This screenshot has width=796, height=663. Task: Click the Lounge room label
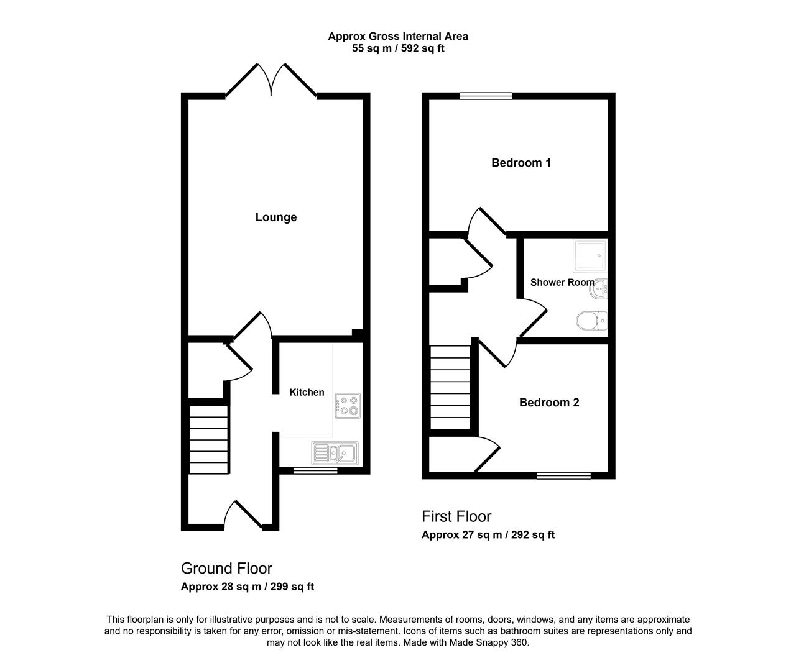click(276, 217)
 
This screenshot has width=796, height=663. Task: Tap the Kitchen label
click(307, 392)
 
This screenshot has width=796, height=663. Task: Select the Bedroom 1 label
click(521, 163)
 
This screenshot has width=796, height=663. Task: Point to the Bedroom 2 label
click(549, 403)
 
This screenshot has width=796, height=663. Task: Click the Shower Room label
click(562, 282)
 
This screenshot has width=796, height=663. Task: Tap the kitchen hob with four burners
click(348, 406)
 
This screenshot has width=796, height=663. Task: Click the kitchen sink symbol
click(335, 454)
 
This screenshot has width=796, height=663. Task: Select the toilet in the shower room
click(591, 321)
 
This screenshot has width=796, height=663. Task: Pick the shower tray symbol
click(590, 255)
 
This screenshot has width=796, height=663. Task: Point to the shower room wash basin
click(598, 290)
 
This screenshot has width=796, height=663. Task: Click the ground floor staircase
click(209, 440)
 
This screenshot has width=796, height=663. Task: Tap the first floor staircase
click(450, 387)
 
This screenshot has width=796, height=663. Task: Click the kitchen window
click(315, 471)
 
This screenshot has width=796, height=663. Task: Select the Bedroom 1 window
click(486, 96)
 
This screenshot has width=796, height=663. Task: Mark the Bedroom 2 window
click(564, 475)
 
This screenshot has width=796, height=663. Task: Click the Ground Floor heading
click(226, 569)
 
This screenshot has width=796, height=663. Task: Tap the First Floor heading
click(456, 517)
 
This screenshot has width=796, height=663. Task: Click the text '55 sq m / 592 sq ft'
click(398, 48)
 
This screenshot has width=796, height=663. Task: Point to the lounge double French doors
click(271, 80)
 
